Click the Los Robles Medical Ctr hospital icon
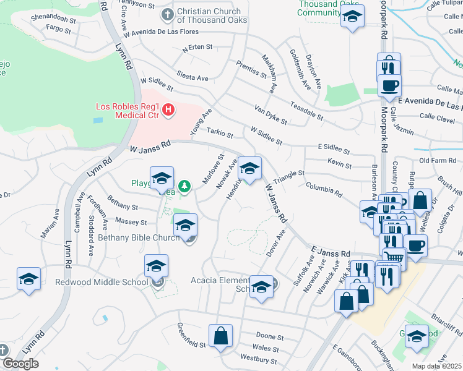click(168, 111)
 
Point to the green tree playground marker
click(184, 185)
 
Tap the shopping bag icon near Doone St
click(220, 336)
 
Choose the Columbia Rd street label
click(322, 189)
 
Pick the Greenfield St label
click(191, 335)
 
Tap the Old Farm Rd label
click(437, 161)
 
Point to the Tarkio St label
click(220, 133)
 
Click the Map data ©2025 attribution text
click(436, 366)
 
